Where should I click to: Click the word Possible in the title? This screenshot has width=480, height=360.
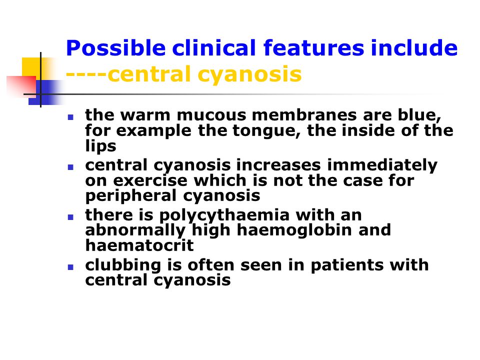[x=115, y=48]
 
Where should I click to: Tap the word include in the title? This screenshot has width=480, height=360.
[x=414, y=48]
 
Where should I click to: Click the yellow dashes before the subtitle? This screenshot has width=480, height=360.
[x=86, y=74]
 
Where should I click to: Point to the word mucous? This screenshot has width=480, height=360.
[x=211, y=115]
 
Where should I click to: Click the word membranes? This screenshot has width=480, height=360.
[x=304, y=115]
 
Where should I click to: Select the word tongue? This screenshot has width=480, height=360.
[x=266, y=131]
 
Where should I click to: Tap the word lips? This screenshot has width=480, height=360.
[x=100, y=146]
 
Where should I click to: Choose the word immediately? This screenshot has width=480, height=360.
[x=382, y=165]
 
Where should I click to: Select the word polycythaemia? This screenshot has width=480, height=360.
[x=224, y=215]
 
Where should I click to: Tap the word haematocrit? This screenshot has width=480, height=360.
[x=139, y=245]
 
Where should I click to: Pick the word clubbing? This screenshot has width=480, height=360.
[x=123, y=265]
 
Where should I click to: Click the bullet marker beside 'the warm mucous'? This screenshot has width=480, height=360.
[x=70, y=117]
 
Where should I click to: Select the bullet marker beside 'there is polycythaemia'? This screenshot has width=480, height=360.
[x=70, y=217]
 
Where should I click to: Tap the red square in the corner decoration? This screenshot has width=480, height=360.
[x=21, y=85]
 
